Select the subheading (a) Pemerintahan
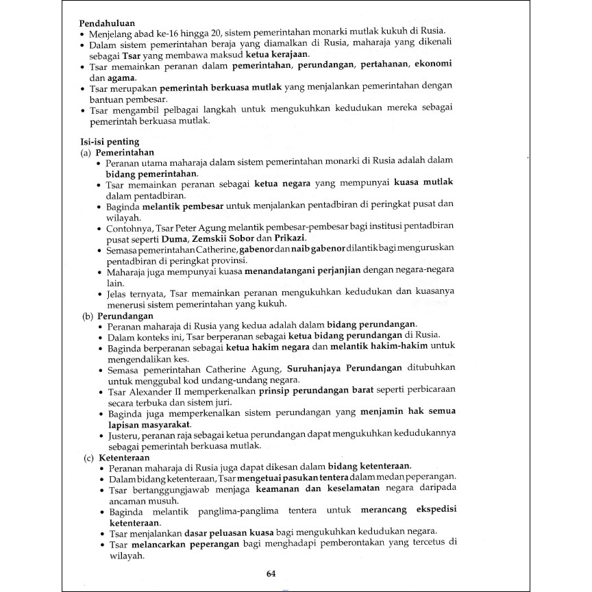coord(117,152)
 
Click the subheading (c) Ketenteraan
coord(115,456)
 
